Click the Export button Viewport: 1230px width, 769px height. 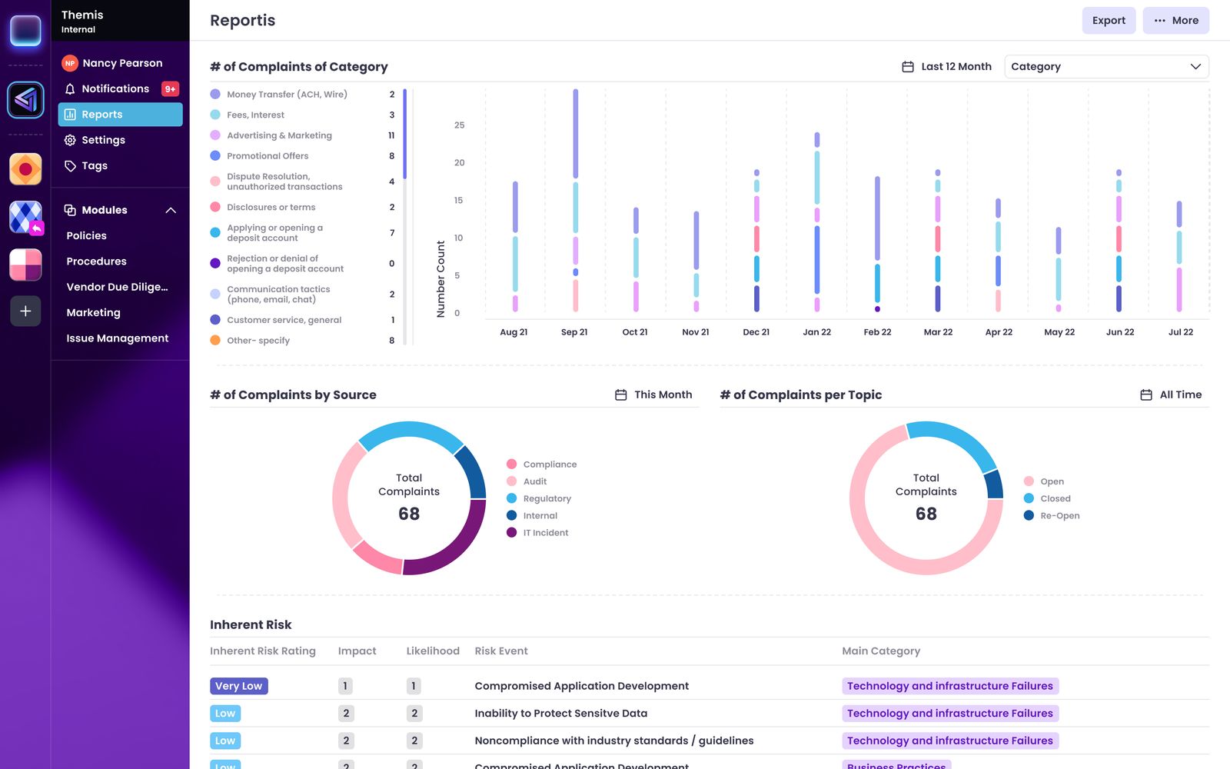click(x=1108, y=21)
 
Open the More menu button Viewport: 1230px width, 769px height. click(x=1175, y=21)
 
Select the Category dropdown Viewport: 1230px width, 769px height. click(x=1105, y=67)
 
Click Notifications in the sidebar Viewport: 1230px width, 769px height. click(x=115, y=88)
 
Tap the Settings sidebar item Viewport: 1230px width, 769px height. click(x=103, y=140)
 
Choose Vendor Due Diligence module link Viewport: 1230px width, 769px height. click(x=117, y=287)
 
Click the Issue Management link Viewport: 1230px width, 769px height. click(x=117, y=338)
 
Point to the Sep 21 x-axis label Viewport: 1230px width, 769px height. click(x=574, y=332)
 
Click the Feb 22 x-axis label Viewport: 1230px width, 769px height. click(x=877, y=332)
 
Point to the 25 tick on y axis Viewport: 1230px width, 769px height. click(x=459, y=125)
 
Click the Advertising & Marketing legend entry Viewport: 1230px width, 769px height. click(x=279, y=135)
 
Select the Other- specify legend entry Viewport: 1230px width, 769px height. click(x=258, y=341)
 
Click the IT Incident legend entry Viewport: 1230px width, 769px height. click(x=545, y=533)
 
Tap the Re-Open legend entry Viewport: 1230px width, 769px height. click(x=1059, y=516)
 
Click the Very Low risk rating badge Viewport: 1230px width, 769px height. click(x=238, y=686)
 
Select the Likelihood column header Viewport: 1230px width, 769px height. click(x=433, y=651)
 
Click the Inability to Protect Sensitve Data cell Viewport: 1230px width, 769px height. click(x=560, y=714)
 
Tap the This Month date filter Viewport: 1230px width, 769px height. click(x=654, y=394)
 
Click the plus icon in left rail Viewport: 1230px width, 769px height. click(x=25, y=311)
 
